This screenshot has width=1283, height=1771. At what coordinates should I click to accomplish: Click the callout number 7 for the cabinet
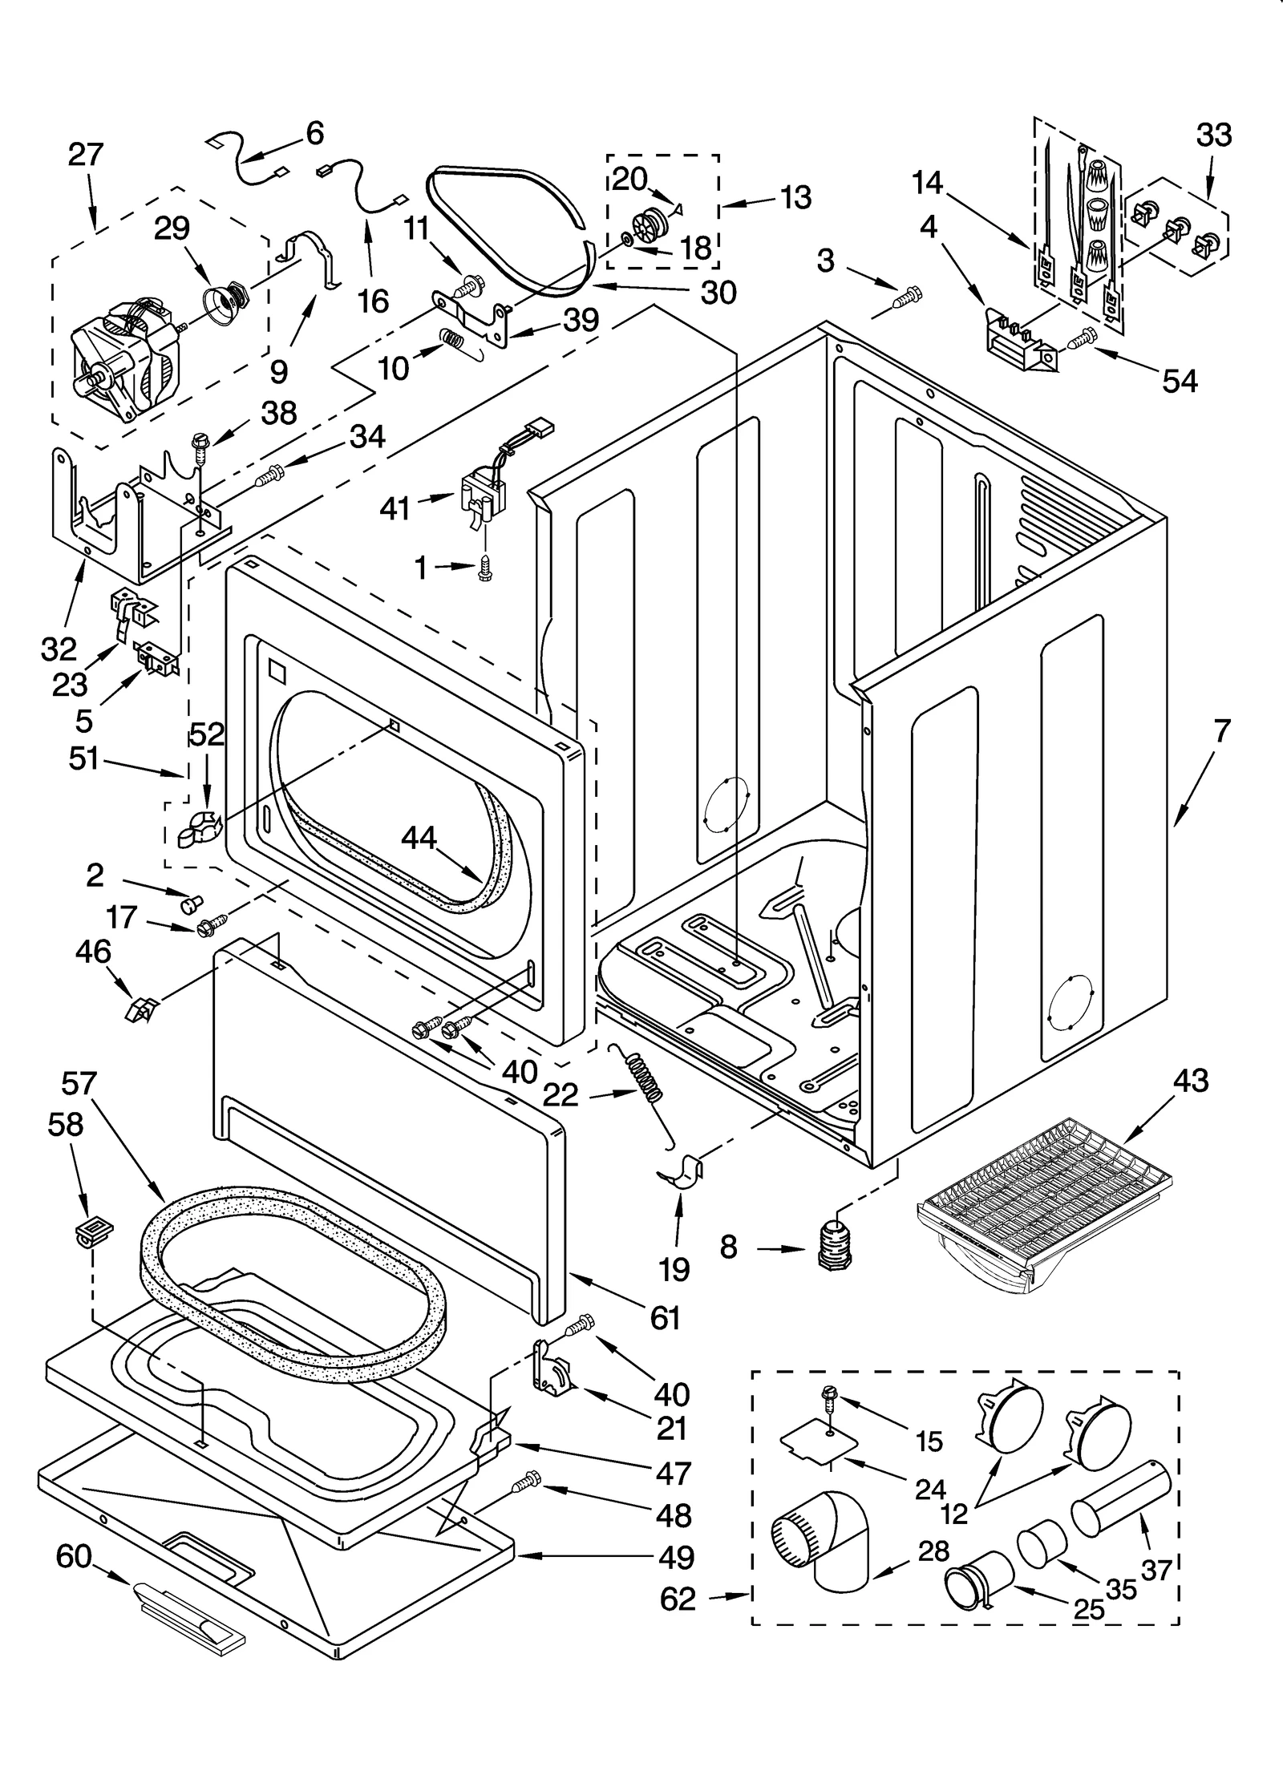(1220, 730)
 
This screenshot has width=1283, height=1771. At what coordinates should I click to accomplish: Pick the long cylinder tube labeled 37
(1120, 1495)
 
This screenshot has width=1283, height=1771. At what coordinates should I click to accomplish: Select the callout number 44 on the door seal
(419, 839)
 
